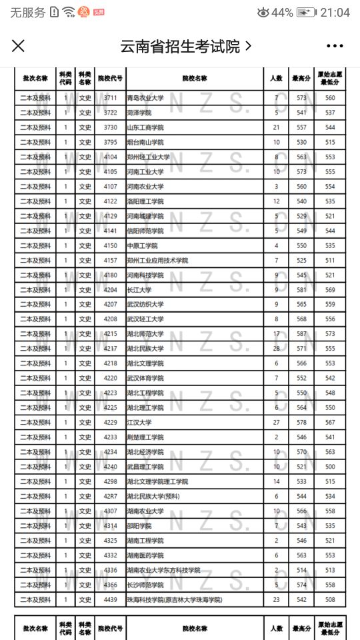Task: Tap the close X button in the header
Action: [x=19, y=46]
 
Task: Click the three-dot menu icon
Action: [x=335, y=46]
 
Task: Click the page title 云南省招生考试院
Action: [x=179, y=46]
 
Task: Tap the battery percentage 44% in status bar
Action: [x=282, y=13]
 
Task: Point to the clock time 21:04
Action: [x=335, y=13]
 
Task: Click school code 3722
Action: [x=110, y=113]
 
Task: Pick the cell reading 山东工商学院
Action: [x=145, y=127]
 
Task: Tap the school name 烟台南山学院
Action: [x=145, y=143]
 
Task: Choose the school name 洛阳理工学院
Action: [x=145, y=201]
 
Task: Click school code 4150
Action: [x=110, y=245]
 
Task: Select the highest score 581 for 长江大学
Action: [x=301, y=290]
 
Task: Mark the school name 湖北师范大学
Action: [x=145, y=334]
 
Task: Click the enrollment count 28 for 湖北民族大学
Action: [x=276, y=349]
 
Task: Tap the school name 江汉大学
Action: [x=139, y=423]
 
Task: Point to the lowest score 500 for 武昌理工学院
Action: [x=329, y=467]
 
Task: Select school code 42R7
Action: [x=110, y=496]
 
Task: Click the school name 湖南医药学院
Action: [x=145, y=555]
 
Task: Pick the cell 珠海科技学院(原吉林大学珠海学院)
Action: [x=174, y=599]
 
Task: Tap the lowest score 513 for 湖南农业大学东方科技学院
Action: [x=329, y=570]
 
